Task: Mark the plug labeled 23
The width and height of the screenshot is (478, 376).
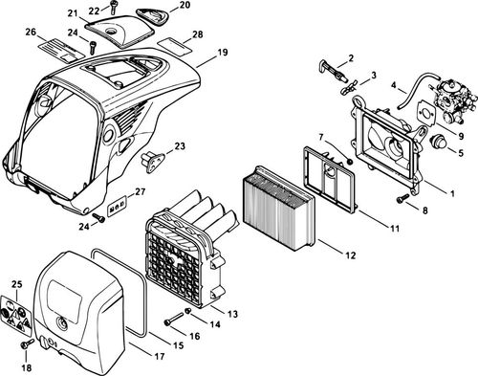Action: [x=153, y=157]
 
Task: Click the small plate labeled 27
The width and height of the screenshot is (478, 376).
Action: [x=119, y=205]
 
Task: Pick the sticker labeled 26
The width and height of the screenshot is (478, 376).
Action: [x=53, y=53]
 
